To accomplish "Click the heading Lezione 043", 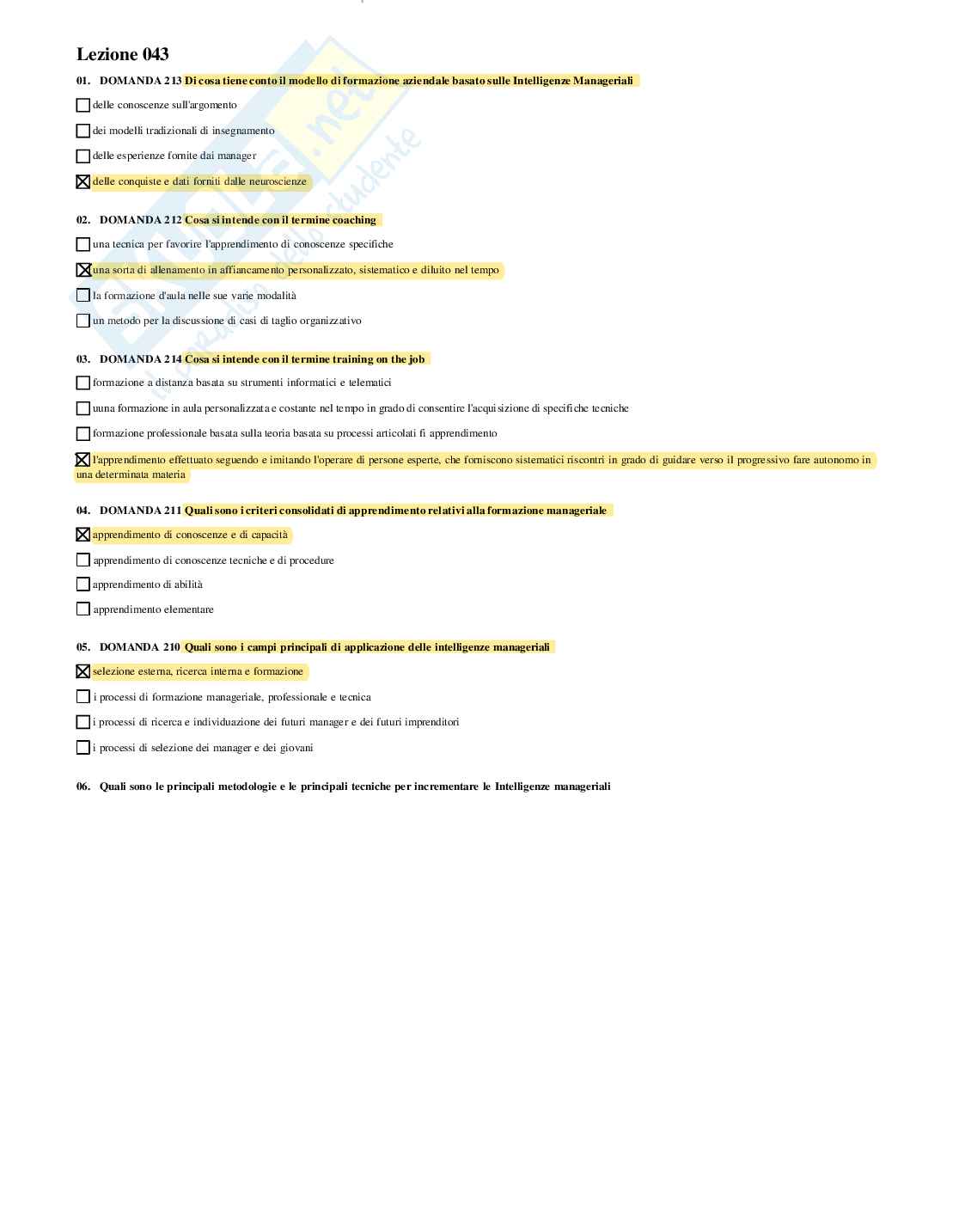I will coord(122,55).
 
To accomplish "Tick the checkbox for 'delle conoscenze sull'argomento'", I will coord(83,106).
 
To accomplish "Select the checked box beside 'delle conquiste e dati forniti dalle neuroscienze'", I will coord(83,182).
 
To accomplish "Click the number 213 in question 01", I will coord(173,81).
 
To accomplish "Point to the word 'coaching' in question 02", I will coord(354,220).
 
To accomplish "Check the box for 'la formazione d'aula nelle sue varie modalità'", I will coord(83,296).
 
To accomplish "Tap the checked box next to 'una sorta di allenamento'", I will coord(83,270).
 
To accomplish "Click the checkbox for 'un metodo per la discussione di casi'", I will coord(83,321).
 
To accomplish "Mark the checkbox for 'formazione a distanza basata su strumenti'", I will coord(83,383).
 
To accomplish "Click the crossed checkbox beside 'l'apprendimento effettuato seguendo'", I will coord(83,460).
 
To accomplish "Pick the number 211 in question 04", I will coord(173,511).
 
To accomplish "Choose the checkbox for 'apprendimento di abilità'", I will coord(83,584).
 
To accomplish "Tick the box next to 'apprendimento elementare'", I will coord(83,609).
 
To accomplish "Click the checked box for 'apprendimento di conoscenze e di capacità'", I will coord(83,535).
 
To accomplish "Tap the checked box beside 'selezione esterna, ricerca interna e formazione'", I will coord(83,671).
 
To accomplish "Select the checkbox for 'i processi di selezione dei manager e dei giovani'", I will coord(83,748).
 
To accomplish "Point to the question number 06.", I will coord(83,786).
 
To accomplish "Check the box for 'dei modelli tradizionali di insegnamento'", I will coord(83,131).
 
